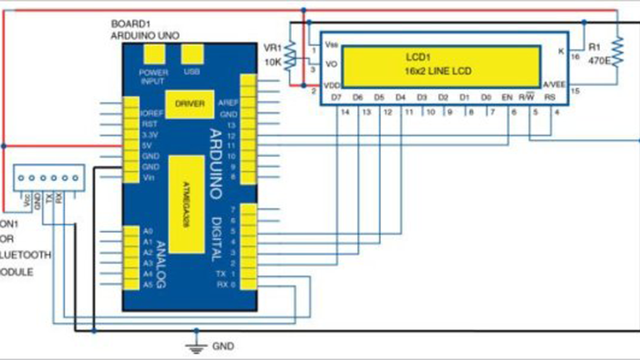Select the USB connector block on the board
[x=192, y=56]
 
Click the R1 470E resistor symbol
[x=617, y=50]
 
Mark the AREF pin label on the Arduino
[x=227, y=102]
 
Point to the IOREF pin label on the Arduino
[x=152, y=112]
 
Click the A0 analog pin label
[x=148, y=230]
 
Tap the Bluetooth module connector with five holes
[x=49, y=178]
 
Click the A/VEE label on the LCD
[x=554, y=84]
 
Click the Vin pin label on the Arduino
[x=148, y=177]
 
